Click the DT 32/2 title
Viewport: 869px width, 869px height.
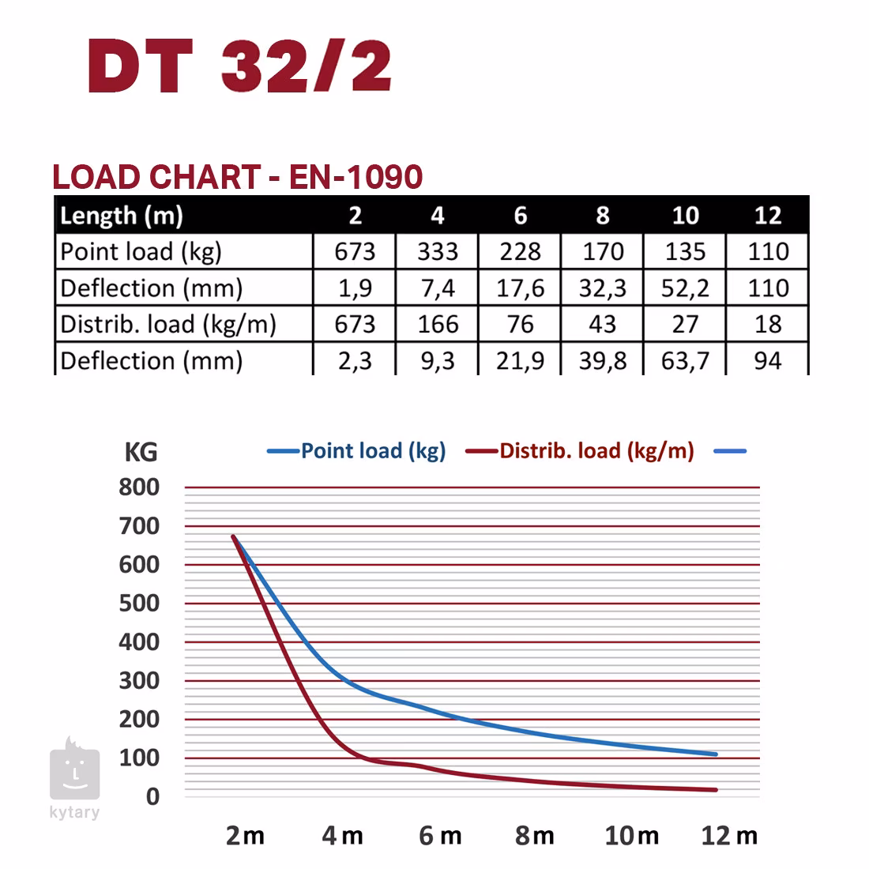tap(239, 66)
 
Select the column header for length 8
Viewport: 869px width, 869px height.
tap(603, 215)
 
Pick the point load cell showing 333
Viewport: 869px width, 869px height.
tap(438, 252)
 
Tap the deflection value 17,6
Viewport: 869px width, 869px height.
tap(520, 288)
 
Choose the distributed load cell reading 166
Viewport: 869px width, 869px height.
tap(438, 324)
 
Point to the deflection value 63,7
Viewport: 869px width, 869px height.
tap(685, 360)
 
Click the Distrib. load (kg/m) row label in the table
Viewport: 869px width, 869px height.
tap(168, 324)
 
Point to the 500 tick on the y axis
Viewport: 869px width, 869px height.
tap(139, 604)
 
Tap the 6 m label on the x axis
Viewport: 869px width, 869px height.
tap(440, 836)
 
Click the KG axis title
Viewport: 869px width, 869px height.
tap(141, 453)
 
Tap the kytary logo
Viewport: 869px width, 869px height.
tap(74, 778)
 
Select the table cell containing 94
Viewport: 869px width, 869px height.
tap(767, 360)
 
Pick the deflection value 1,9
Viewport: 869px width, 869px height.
tap(355, 288)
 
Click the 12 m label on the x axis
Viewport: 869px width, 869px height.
tap(728, 836)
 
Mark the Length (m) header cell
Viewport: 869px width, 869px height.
tap(122, 215)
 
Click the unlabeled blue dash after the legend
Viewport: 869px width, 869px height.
tap(730, 451)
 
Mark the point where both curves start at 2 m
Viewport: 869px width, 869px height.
tap(234, 536)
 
